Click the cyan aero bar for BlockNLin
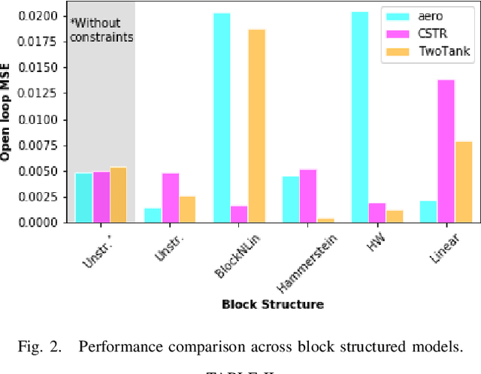(x=222, y=118)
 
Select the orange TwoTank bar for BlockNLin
(x=256, y=126)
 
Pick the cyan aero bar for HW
(x=359, y=117)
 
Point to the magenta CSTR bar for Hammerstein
(x=308, y=196)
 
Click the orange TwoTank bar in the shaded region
(x=118, y=195)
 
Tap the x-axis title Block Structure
(x=273, y=304)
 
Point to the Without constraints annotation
(x=102, y=29)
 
